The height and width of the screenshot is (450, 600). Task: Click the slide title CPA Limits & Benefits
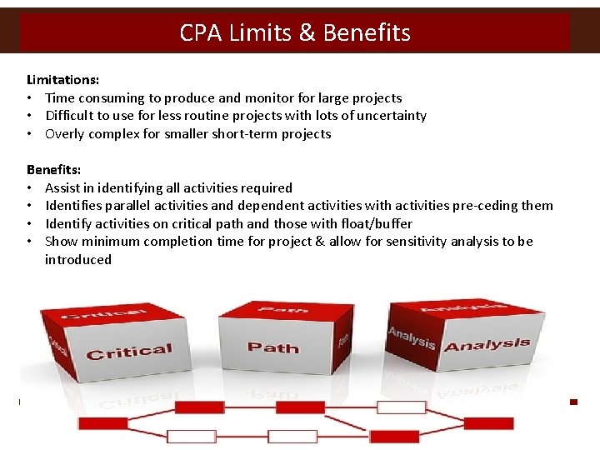point(295,32)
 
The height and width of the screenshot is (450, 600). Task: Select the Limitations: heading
point(63,80)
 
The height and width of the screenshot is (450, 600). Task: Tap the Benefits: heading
point(54,170)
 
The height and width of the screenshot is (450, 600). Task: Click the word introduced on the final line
point(78,260)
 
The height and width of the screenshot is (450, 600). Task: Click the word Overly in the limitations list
point(64,134)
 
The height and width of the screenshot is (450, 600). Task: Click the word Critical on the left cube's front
point(129,352)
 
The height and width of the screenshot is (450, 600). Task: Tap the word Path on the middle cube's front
point(272,347)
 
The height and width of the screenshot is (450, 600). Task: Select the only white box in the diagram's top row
point(401,407)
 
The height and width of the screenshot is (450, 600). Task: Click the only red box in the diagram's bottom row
point(394,437)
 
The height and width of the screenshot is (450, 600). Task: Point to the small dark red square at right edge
point(573,402)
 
